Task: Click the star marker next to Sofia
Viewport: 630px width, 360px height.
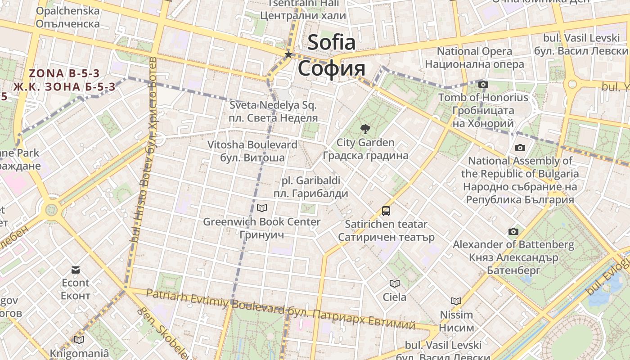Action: click(288, 55)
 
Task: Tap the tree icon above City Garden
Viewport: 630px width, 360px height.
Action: click(365, 129)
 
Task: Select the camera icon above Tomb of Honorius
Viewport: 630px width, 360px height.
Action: click(483, 84)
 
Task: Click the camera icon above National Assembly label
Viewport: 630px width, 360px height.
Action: click(520, 148)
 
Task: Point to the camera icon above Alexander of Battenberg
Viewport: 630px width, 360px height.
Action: click(513, 231)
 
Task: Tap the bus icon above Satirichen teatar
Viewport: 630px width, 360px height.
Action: click(386, 210)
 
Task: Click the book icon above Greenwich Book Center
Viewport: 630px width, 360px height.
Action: click(261, 208)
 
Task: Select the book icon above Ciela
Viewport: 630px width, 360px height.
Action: click(394, 283)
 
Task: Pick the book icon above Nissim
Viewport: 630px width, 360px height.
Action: click(456, 301)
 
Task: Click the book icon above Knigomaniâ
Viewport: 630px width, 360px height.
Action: click(79, 340)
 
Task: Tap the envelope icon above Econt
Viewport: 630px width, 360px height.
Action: click(76, 270)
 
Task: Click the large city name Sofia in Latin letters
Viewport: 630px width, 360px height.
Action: click(332, 43)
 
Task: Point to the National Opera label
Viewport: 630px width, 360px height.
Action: click(474, 51)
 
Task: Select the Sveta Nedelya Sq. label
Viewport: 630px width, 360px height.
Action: click(273, 105)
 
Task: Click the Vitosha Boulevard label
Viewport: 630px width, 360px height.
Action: click(252, 144)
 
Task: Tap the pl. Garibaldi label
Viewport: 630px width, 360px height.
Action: click(310, 180)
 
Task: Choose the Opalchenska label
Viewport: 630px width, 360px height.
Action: click(67, 11)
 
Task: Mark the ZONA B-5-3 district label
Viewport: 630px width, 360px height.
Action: click(64, 73)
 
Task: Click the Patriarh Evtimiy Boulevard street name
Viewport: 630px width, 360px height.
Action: click(215, 302)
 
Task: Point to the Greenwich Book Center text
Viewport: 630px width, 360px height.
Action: click(261, 222)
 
